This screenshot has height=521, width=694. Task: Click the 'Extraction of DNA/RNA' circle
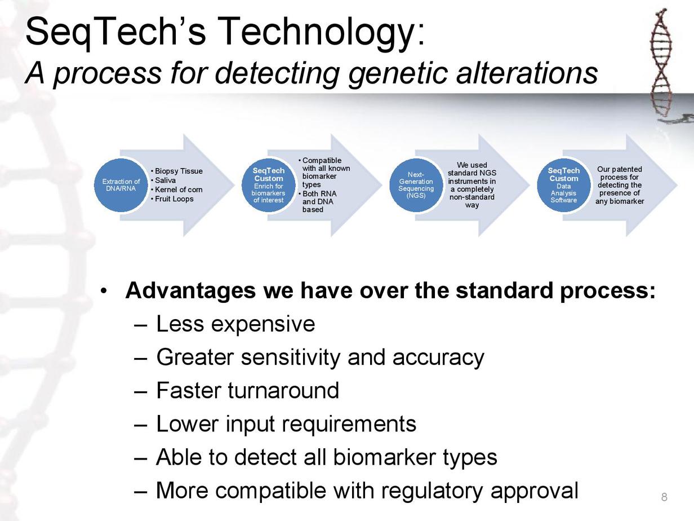click(121, 185)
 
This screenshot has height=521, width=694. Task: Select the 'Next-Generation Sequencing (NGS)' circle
click(416, 185)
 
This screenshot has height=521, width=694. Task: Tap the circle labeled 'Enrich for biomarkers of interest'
click(269, 185)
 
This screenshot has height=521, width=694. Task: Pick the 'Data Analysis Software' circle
click(563, 185)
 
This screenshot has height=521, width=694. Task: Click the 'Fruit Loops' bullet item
click(174, 199)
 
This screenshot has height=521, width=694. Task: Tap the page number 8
click(664, 497)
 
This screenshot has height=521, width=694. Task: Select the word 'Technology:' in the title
click(321, 32)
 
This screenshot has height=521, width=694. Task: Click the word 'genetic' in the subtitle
click(398, 73)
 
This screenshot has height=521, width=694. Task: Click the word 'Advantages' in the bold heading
click(190, 290)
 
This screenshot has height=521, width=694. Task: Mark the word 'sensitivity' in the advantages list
click(291, 357)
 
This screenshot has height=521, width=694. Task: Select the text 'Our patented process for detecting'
click(620, 177)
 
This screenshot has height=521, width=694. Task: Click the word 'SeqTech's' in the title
click(115, 32)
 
